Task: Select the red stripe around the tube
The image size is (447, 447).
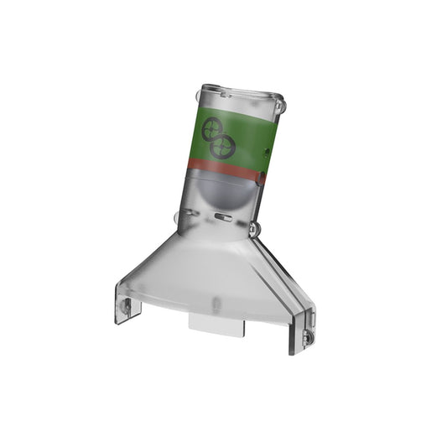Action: pyautogui.click(x=225, y=170)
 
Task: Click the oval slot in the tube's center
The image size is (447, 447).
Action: pyautogui.click(x=222, y=217)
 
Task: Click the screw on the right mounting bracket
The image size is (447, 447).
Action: pyautogui.click(x=306, y=336)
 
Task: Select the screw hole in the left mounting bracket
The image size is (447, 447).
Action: pyautogui.click(x=127, y=308)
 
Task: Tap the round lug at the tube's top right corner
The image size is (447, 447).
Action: pyautogui.click(x=280, y=107)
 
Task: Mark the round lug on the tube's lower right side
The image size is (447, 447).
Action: pyautogui.click(x=254, y=226)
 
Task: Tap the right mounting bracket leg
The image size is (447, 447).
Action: pyautogui.click(x=303, y=331)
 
